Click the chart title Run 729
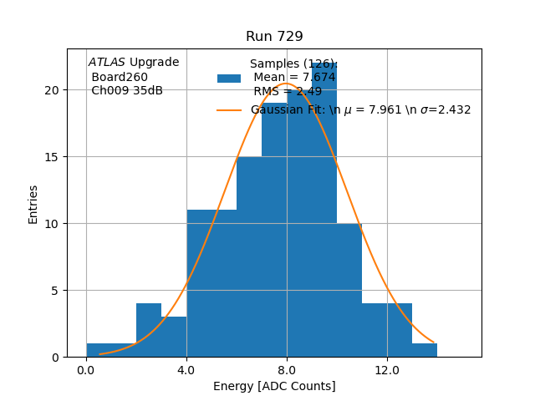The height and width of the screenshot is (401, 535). [274, 37]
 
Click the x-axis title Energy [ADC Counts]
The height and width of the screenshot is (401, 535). [274, 386]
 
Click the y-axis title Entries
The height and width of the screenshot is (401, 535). [33, 204]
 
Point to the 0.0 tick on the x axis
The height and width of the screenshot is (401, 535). [86, 369]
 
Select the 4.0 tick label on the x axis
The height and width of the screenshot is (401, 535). [186, 369]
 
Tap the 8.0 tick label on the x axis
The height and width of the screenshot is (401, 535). [287, 369]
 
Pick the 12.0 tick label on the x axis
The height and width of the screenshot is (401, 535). [387, 369]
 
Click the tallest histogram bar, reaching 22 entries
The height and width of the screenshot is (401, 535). [324, 217]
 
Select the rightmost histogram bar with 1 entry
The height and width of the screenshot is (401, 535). [425, 351]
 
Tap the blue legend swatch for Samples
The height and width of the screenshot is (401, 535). [229, 79]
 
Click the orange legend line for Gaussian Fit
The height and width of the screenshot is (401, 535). [229, 110]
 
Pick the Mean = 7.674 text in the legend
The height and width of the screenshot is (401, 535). [294, 78]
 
